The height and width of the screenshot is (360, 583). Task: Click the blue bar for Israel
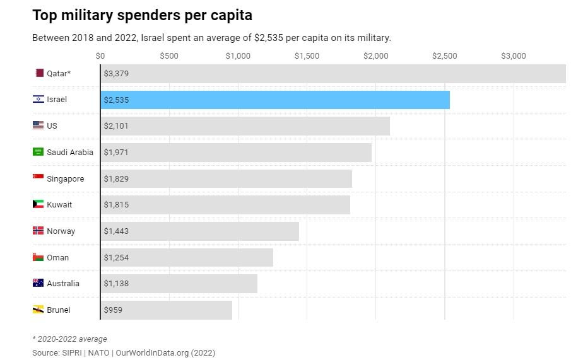(x=275, y=100)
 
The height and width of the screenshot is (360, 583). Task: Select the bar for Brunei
(x=166, y=310)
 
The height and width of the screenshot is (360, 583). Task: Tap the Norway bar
(x=199, y=231)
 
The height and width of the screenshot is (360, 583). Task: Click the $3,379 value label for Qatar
(x=116, y=73)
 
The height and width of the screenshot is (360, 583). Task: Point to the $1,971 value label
(x=116, y=152)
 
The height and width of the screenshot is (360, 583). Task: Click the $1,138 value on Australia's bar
(x=116, y=284)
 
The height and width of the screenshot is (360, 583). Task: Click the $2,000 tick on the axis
(x=376, y=56)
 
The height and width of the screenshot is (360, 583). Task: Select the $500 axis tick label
(x=169, y=56)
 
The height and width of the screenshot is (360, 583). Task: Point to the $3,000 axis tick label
(x=514, y=56)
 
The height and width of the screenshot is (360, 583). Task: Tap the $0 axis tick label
(x=100, y=56)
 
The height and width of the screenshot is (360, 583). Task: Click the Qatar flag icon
(x=39, y=73)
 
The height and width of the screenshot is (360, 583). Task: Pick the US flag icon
(x=38, y=125)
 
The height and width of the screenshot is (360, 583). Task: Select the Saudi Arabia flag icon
(x=38, y=152)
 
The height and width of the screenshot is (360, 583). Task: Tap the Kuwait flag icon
(x=38, y=204)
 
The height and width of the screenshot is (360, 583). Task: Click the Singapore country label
(x=65, y=178)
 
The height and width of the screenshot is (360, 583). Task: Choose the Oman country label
(x=58, y=257)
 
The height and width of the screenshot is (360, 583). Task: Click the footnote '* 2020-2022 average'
(x=69, y=339)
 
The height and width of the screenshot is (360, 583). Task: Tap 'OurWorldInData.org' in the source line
(x=155, y=353)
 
